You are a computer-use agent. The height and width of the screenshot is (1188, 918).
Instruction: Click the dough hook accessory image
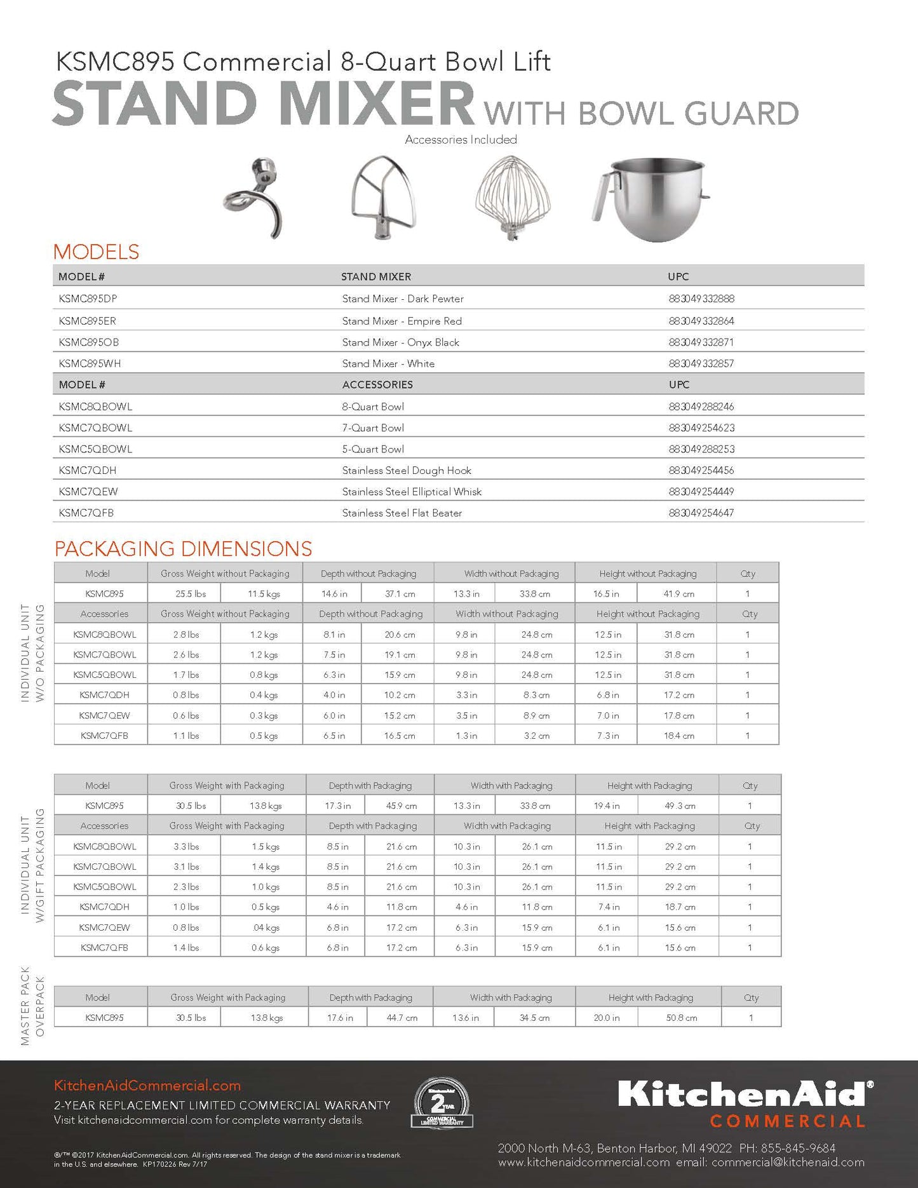click(253, 197)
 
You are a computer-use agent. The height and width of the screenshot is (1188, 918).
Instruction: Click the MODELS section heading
click(96, 252)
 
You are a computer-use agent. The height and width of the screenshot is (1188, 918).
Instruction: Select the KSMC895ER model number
click(87, 321)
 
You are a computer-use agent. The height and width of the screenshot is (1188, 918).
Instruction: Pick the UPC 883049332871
click(701, 342)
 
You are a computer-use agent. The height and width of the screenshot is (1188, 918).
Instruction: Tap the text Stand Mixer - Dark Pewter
click(403, 299)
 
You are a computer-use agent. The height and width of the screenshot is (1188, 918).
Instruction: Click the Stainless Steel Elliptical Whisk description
click(412, 492)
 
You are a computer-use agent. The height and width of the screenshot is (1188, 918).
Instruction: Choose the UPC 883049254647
click(701, 513)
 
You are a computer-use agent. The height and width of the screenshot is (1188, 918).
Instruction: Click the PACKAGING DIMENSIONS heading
click(183, 548)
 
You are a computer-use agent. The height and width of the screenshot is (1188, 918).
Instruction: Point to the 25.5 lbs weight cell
click(185, 593)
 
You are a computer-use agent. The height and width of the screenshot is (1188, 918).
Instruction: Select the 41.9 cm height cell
click(678, 593)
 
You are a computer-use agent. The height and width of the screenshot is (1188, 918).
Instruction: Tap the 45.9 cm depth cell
click(402, 806)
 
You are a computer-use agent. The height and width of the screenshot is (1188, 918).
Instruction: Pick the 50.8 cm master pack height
click(681, 1018)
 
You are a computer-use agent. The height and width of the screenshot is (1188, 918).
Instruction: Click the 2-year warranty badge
click(442, 1104)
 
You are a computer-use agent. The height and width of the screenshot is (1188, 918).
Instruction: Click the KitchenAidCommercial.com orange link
click(147, 1085)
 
